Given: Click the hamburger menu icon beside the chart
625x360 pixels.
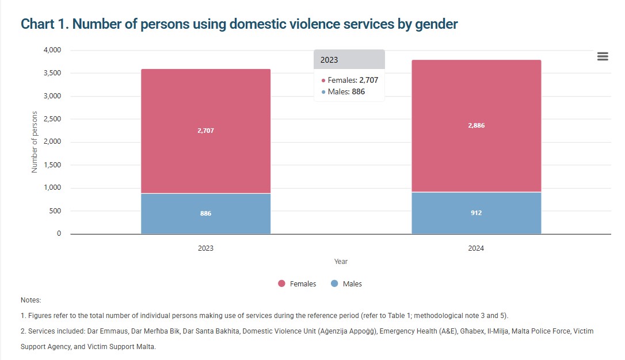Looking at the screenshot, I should coord(603,56).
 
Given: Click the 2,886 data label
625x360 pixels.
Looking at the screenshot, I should coord(476,125).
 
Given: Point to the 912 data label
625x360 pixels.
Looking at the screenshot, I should coord(476,213).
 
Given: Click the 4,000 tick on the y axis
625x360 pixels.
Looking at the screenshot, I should coord(52,50).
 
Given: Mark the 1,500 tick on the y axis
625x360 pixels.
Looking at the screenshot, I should coord(52,165).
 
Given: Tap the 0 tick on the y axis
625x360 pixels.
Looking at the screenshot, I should coord(59,234).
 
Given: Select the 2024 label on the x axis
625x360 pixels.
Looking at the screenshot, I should coord(476,248).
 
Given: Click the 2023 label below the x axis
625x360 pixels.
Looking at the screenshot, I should coord(205,248).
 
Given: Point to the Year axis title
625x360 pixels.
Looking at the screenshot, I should coord(341,262).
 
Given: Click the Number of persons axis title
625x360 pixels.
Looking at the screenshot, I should coord(35,142).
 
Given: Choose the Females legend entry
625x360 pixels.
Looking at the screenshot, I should coord(298,284).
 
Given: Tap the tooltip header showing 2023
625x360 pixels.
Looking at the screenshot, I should coord(349,60).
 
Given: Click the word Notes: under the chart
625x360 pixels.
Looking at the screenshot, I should coord(31,300).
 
